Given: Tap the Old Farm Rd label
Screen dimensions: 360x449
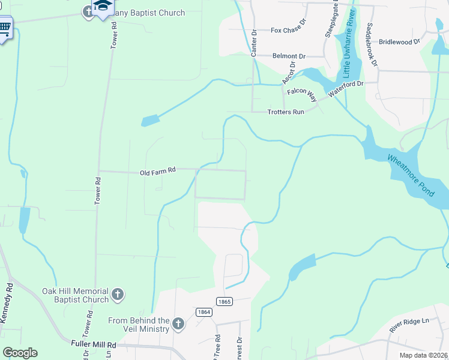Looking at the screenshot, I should pyautogui.click(x=157, y=172).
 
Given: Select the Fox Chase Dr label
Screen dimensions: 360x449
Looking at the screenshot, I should pyautogui.click(x=288, y=30).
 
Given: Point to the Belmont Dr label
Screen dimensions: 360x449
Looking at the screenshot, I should pyautogui.click(x=289, y=56).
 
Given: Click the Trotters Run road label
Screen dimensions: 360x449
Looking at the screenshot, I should pyautogui.click(x=286, y=112).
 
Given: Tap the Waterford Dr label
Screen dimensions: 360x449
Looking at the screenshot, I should pyautogui.click(x=345, y=88).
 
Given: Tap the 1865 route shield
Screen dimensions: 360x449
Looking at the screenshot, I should pyautogui.click(x=224, y=302).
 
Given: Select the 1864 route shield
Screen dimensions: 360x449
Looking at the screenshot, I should pyautogui.click(x=203, y=312).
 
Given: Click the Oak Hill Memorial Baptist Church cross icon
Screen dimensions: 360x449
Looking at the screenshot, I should pyautogui.click(x=118, y=295).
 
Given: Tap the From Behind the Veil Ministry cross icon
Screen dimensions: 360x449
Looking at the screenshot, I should pyautogui.click(x=178, y=325).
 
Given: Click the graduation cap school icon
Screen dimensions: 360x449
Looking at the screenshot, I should pyautogui.click(x=103, y=7).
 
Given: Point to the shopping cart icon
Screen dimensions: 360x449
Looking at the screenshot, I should pyautogui.click(x=5, y=28).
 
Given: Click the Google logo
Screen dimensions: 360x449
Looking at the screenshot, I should pyautogui.click(x=20, y=352).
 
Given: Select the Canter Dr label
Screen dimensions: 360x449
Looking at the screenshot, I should pyautogui.click(x=254, y=43).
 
